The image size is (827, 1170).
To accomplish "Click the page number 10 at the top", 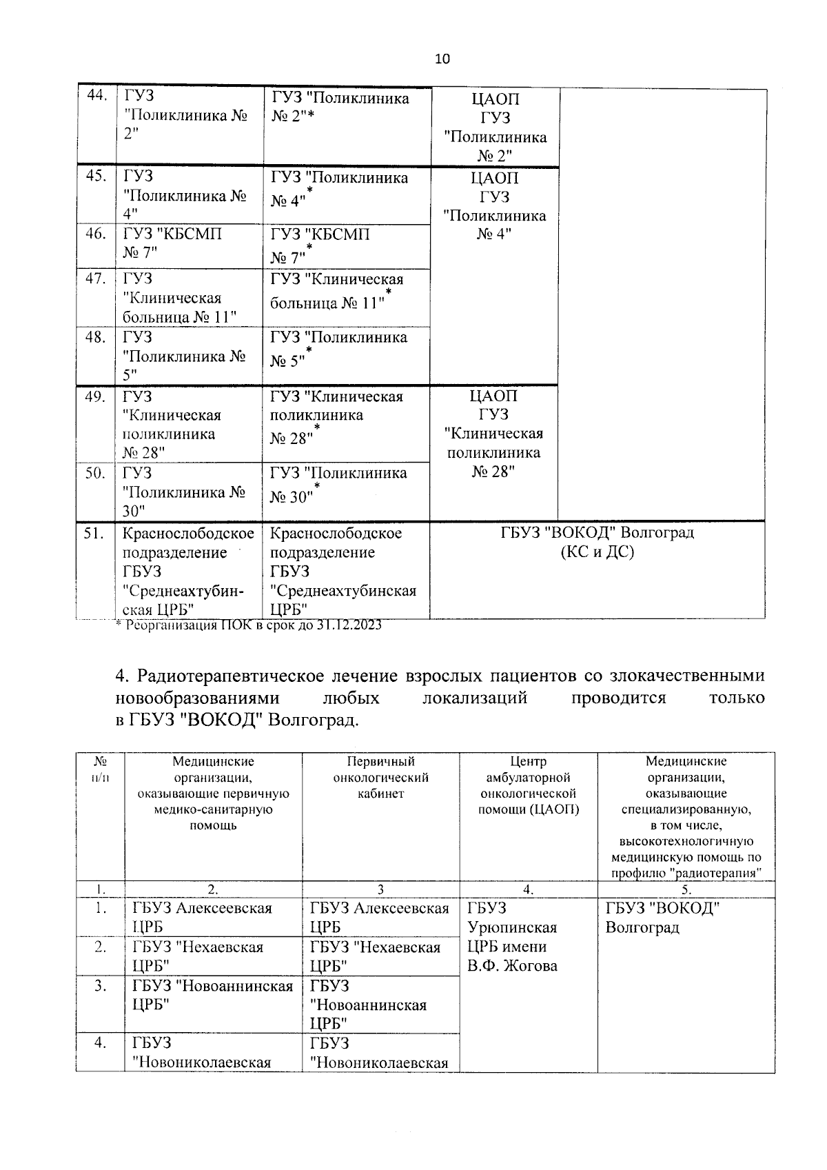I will tap(442, 59).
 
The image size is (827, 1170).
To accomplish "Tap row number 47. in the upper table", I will tap(96, 279).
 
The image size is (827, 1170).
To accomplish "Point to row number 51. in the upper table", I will tap(96, 533).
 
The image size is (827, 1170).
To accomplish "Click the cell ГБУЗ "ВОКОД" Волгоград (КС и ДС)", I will tap(597, 542).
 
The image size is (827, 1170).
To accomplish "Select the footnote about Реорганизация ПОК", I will tap(248, 625).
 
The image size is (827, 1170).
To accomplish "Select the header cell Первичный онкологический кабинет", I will tap(380, 778).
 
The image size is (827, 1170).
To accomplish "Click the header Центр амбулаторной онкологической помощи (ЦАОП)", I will tap(528, 785).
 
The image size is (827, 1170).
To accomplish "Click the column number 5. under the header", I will tap(686, 889).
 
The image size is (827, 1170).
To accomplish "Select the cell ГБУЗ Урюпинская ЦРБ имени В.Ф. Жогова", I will tap(511, 936).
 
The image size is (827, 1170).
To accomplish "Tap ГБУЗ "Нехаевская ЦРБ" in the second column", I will tap(197, 956).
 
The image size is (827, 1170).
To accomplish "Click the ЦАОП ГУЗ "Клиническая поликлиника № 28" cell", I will tap(494, 434).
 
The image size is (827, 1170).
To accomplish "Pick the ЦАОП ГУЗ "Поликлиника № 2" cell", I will tap(496, 128).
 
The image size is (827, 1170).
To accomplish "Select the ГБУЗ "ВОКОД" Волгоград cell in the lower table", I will tap(662, 917).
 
